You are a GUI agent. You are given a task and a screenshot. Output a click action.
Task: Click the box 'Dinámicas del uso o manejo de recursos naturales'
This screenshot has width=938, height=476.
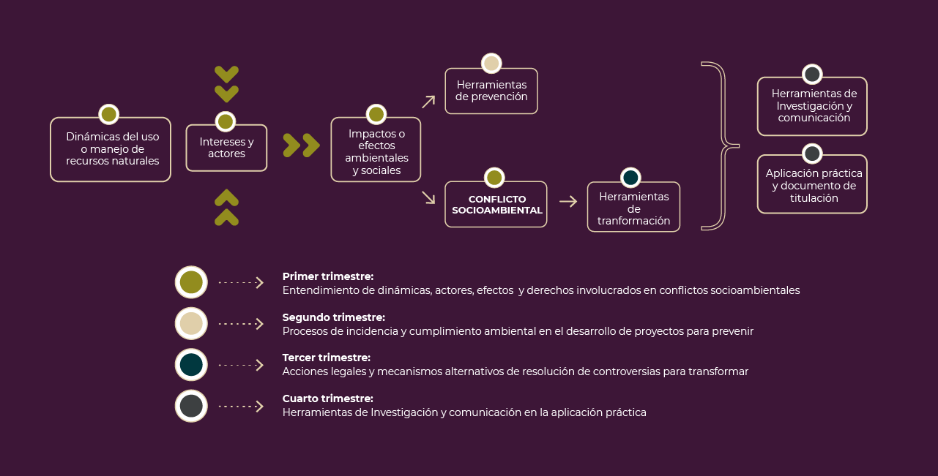click(x=111, y=149)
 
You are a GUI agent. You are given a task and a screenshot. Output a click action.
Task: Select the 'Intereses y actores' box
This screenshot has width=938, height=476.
click(x=226, y=148)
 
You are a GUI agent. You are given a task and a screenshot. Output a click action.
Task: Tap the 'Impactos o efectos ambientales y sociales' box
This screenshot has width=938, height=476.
click(x=376, y=150)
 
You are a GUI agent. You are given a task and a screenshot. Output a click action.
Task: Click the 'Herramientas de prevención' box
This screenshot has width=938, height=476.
click(x=491, y=91)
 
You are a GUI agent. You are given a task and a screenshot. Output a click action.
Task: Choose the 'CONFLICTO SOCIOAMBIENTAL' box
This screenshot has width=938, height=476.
click(x=496, y=205)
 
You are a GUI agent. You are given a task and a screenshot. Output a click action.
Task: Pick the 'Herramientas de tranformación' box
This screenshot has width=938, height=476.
click(x=633, y=207)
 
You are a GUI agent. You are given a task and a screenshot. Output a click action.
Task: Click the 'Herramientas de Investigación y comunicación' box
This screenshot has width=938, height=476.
click(x=812, y=106)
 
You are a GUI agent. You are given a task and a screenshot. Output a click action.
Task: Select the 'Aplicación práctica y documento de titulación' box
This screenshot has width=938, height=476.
click(x=812, y=184)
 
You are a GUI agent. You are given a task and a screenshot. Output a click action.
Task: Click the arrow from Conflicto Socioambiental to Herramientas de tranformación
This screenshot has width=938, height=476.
click(x=568, y=202)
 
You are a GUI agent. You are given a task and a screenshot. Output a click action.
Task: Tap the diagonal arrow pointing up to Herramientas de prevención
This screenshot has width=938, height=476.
click(x=428, y=102)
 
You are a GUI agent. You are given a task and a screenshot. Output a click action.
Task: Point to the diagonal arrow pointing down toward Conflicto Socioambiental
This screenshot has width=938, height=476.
click(x=428, y=197)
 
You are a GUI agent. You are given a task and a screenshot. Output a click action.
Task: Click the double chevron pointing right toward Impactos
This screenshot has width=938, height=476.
click(x=302, y=146)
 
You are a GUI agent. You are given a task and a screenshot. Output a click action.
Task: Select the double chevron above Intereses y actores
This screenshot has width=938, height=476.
click(x=226, y=84)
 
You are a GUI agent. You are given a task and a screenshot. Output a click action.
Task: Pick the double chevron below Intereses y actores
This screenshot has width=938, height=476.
click(x=226, y=208)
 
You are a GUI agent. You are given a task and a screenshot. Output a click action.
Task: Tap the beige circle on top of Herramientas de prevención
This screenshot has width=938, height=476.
click(x=491, y=64)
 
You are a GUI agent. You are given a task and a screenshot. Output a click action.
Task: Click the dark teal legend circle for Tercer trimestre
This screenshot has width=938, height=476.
click(x=191, y=365)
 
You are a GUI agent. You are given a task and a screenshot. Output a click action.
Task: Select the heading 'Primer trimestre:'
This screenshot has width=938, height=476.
click(x=328, y=276)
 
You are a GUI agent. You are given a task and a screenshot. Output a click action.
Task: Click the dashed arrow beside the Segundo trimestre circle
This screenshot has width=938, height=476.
click(x=241, y=324)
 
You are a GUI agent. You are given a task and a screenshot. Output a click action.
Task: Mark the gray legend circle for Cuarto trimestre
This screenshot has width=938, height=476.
click(x=191, y=406)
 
